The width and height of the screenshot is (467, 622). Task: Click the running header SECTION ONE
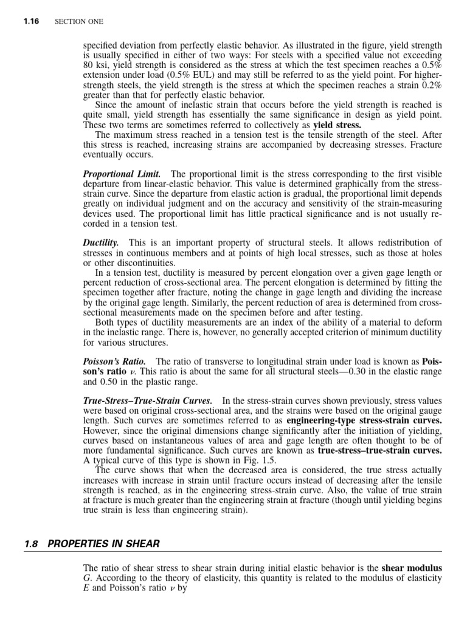coord(79,21)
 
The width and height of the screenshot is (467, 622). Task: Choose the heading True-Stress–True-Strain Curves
coord(148,401)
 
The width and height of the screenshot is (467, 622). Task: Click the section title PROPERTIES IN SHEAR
coord(103,543)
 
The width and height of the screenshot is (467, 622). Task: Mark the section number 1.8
coord(31,543)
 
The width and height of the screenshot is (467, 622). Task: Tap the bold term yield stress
coord(337,126)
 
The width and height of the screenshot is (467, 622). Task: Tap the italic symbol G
coord(86,578)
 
